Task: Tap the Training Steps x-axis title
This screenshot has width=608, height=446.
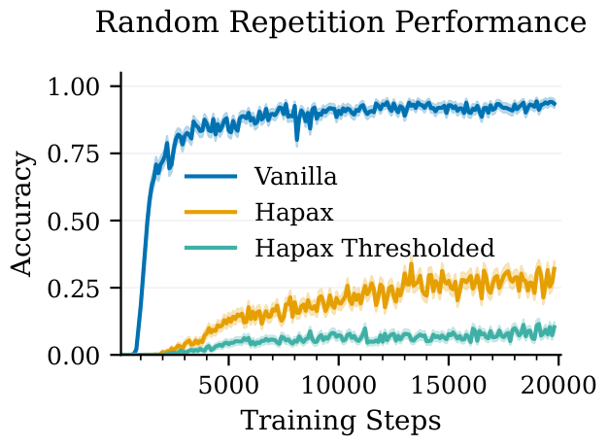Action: (340, 421)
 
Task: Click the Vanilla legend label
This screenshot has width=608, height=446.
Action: (295, 177)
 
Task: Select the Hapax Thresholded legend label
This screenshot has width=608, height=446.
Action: (375, 247)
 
